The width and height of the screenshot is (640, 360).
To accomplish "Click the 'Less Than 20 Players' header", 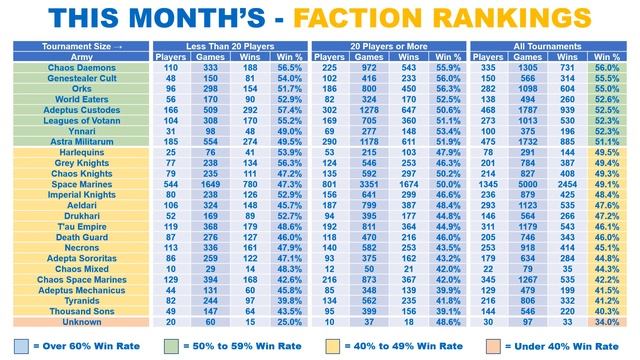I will [229, 45].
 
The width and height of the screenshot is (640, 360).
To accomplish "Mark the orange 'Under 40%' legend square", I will [495, 344].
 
